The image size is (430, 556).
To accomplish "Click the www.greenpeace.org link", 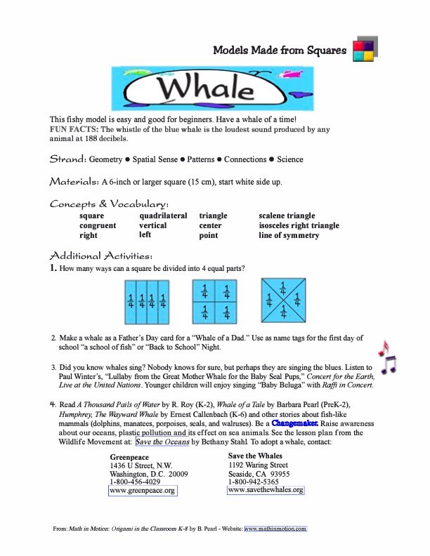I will click(x=143, y=491).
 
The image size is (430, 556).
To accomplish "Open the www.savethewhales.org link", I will click(x=266, y=489).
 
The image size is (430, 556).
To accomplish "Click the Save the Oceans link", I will click(x=162, y=442).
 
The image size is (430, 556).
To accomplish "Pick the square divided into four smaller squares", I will click(x=215, y=299).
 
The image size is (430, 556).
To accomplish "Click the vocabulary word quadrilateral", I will click(x=163, y=216).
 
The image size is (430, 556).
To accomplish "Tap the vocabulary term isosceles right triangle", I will click(x=299, y=225).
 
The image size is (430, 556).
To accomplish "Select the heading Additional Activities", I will click(x=101, y=255).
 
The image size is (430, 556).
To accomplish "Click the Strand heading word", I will click(x=67, y=159).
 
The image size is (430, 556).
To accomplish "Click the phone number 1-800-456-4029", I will click(x=135, y=482).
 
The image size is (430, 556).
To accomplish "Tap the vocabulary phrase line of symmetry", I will click(x=289, y=235).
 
